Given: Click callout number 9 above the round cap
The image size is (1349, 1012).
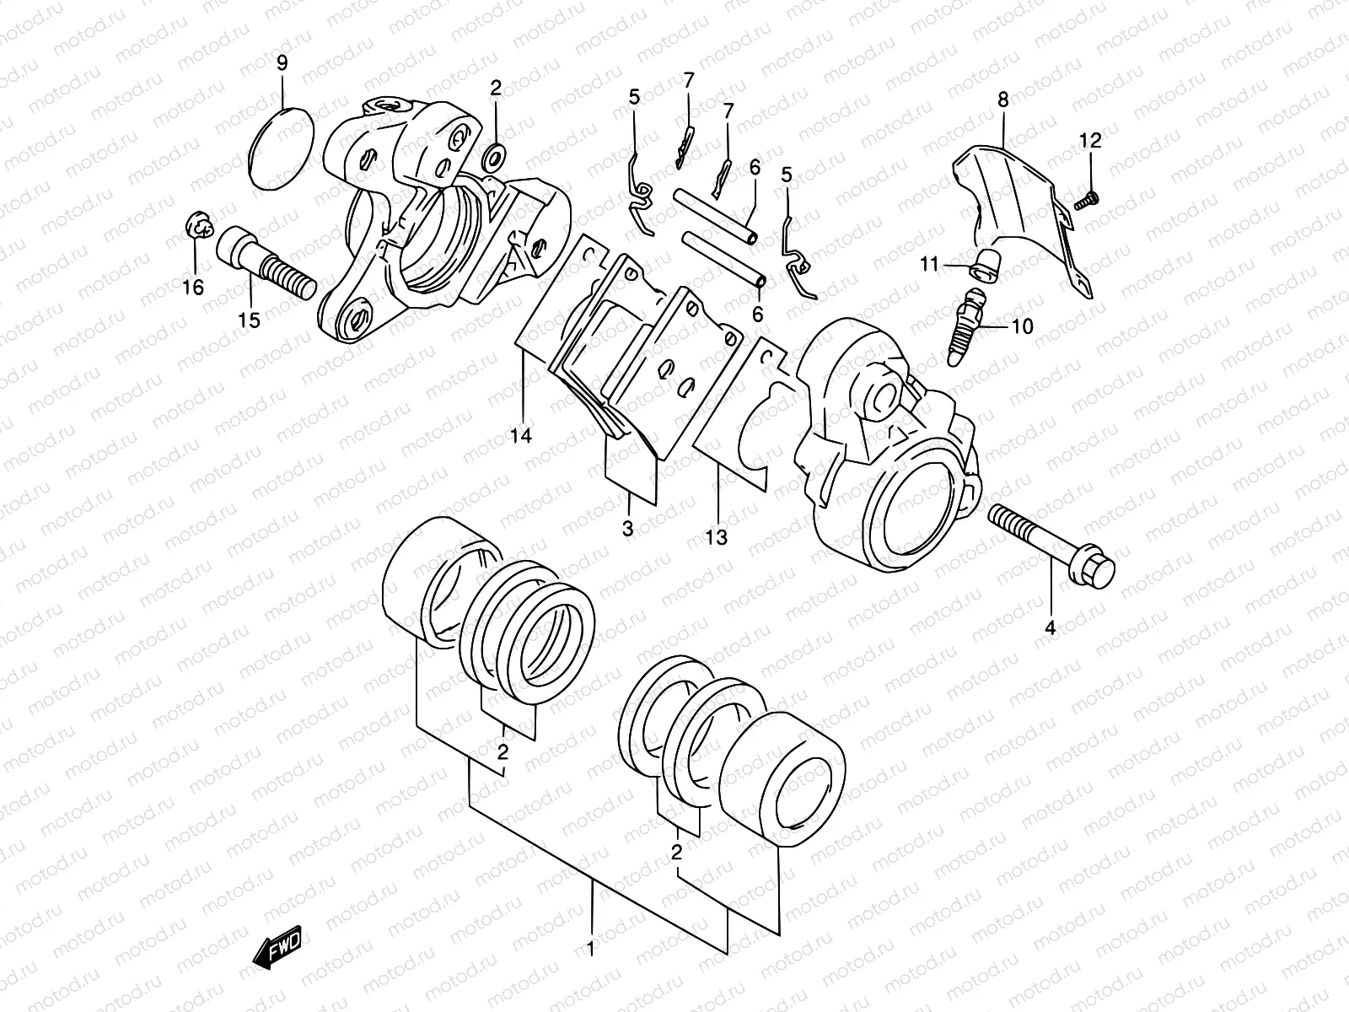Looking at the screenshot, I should tap(282, 62).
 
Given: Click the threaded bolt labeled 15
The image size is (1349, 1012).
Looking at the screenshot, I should tap(265, 261).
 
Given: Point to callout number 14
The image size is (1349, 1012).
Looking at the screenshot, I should tap(522, 436).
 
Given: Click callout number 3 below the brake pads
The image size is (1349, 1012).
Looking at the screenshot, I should tap(627, 529).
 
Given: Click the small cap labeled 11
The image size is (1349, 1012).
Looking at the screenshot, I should tap(983, 266).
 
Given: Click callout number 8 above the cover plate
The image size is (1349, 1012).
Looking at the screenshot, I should tap(1003, 100).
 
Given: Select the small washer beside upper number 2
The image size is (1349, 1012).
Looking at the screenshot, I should tap(496, 155).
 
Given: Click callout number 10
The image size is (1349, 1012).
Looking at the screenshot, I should tap(1021, 326).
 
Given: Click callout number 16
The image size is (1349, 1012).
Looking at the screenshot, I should tap(193, 288).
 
